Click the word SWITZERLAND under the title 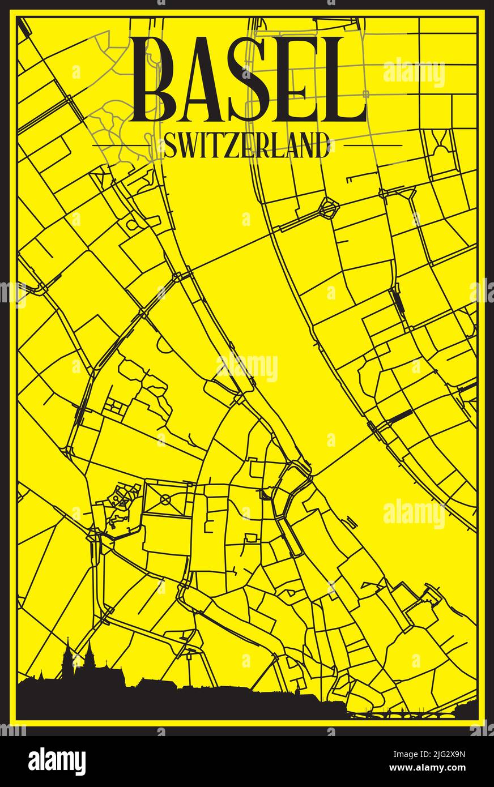(246, 146)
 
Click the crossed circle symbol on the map (165, 499)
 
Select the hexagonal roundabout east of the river (327, 208)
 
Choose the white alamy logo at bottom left (57, 761)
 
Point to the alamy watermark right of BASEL (414, 73)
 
